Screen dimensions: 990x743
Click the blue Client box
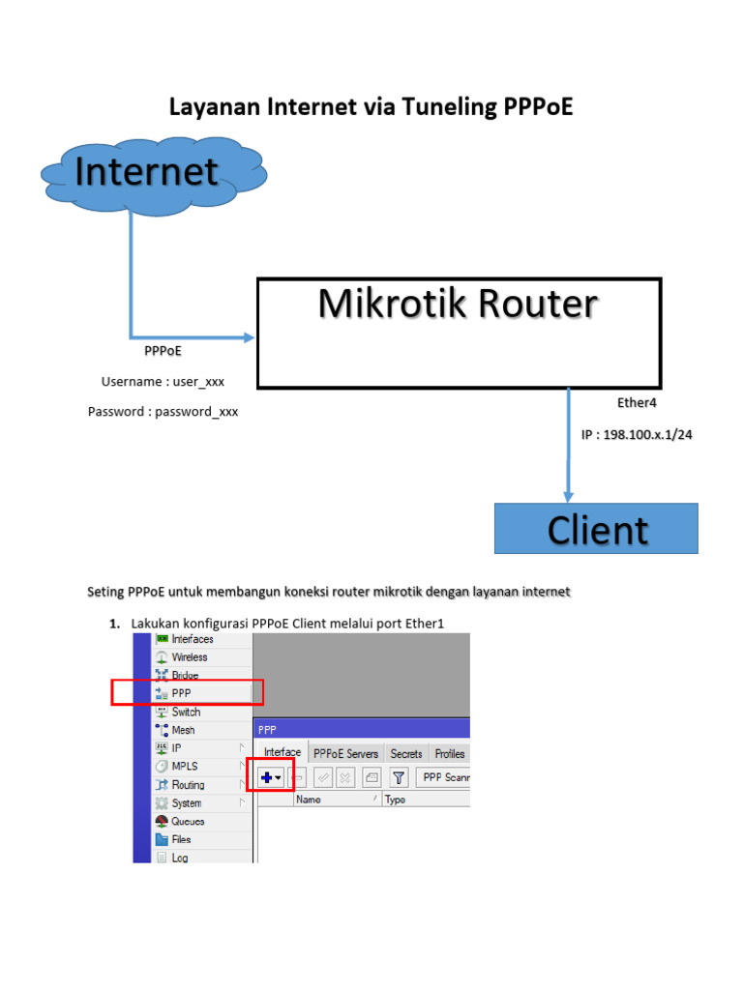coord(596,529)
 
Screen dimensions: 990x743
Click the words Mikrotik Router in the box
coord(458,304)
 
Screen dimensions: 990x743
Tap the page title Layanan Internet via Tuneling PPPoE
coord(371,106)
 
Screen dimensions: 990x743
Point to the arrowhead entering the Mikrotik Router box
coord(249,337)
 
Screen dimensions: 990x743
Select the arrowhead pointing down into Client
coord(567,494)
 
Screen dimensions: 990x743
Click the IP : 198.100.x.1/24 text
coord(637,435)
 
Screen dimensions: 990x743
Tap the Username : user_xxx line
coord(163,382)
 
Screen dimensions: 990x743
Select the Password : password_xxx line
coord(163,412)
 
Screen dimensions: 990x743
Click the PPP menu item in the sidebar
coord(181,693)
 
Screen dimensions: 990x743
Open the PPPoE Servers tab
coord(347,753)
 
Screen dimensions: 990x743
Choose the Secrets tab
coord(406,753)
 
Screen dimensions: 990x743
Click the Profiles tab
coord(449,753)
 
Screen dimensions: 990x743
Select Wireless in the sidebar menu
coord(189,657)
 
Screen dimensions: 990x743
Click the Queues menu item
coord(188,821)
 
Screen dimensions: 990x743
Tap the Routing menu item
coord(188,785)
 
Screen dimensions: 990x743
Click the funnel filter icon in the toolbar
coord(399,777)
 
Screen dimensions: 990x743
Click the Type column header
coord(395,800)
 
